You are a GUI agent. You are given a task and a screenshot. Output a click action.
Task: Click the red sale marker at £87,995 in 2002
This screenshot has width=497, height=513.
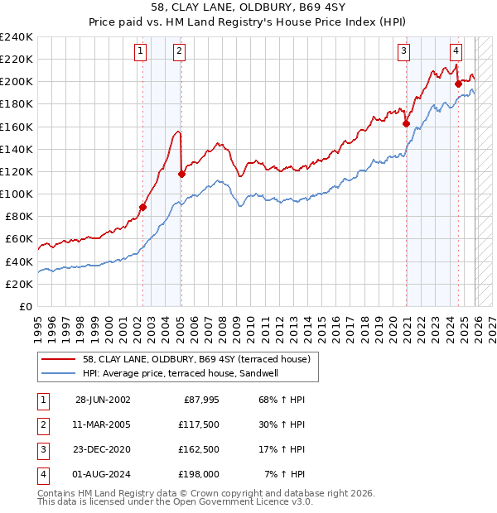click(x=142, y=208)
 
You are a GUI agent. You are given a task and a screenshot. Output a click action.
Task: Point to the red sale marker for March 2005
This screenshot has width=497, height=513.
click(x=181, y=174)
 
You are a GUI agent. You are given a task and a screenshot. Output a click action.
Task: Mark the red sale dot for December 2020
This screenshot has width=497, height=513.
click(x=406, y=124)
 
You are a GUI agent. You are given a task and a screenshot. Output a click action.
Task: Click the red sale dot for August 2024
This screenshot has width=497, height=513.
click(x=458, y=84)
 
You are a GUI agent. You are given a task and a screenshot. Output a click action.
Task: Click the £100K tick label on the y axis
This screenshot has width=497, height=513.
click(x=17, y=194)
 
